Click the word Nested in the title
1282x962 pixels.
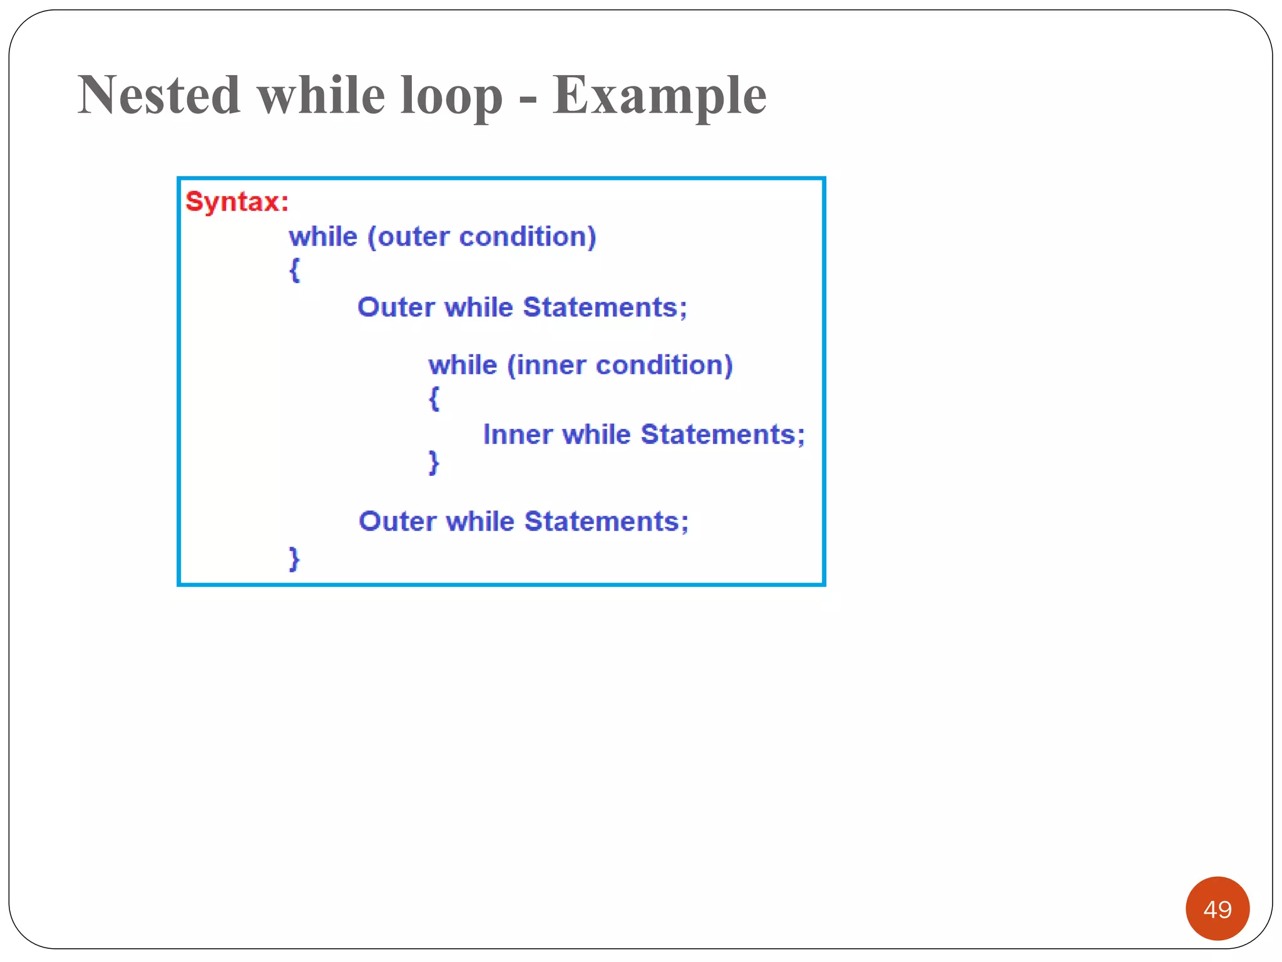[x=159, y=95]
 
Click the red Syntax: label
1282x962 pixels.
[x=237, y=202]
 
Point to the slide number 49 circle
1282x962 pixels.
[x=1217, y=909]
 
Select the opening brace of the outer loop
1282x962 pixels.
[x=295, y=270]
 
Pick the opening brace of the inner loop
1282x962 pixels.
[x=434, y=398]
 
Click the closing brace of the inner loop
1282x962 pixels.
[x=434, y=463]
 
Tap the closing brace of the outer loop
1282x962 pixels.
[x=294, y=558]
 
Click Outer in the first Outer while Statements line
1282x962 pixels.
[x=396, y=308]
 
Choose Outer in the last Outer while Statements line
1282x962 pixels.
[x=397, y=522]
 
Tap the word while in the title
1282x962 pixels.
[x=321, y=95]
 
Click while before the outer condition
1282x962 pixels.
[x=323, y=237]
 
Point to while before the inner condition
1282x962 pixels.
[x=463, y=365]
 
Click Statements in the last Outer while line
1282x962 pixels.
[x=606, y=522]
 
